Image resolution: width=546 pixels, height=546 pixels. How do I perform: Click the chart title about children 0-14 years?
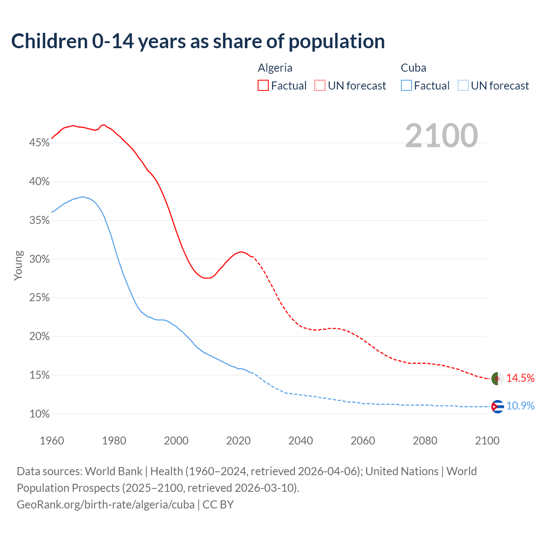(x=198, y=41)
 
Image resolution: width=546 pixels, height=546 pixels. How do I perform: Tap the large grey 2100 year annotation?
(x=441, y=136)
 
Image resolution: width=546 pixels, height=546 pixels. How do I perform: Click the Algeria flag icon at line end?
(x=497, y=378)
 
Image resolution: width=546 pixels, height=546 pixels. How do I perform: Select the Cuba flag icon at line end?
(x=497, y=407)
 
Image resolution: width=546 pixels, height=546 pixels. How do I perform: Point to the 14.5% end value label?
(x=520, y=378)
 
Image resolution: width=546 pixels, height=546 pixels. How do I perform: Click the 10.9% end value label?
(x=520, y=406)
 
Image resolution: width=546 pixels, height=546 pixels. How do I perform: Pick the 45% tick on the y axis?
(x=39, y=143)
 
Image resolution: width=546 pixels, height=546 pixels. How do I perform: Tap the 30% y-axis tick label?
(x=39, y=259)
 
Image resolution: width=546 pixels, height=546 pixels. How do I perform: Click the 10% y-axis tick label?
(x=39, y=414)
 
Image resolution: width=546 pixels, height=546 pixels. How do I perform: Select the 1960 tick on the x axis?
(x=52, y=441)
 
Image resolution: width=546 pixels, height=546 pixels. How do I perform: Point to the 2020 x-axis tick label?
(x=238, y=441)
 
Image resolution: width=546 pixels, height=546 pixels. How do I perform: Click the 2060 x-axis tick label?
(x=363, y=441)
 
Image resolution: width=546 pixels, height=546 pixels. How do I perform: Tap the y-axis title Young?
(x=18, y=265)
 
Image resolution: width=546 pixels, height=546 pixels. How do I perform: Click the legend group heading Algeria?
(x=275, y=68)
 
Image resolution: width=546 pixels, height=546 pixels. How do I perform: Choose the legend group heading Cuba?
(x=413, y=68)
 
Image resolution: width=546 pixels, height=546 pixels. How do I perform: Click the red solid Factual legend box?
(x=263, y=86)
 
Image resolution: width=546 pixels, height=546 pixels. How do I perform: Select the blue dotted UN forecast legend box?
(x=463, y=86)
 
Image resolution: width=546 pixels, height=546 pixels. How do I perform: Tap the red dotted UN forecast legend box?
(x=320, y=86)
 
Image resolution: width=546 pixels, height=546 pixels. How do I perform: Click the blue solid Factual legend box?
(x=407, y=86)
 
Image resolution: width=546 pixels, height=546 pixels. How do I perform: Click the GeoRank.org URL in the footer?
(x=106, y=505)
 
